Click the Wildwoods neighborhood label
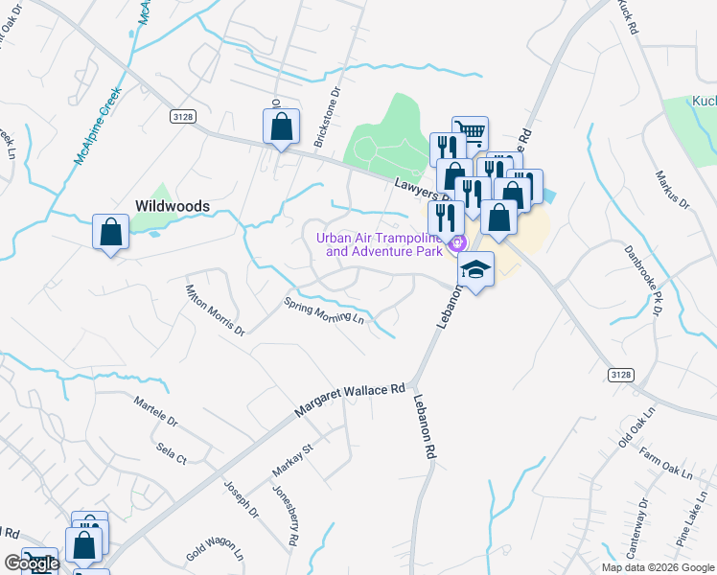click(173, 205)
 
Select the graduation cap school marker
click(475, 270)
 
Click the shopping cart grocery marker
click(470, 133)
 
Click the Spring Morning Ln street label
click(325, 310)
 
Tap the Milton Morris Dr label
click(215, 309)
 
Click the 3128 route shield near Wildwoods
click(182, 116)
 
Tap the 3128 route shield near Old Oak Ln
click(620, 371)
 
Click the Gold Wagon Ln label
click(215, 549)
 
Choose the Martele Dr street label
click(155, 411)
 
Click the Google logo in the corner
click(31, 564)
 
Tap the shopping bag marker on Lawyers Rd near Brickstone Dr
click(281, 126)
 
